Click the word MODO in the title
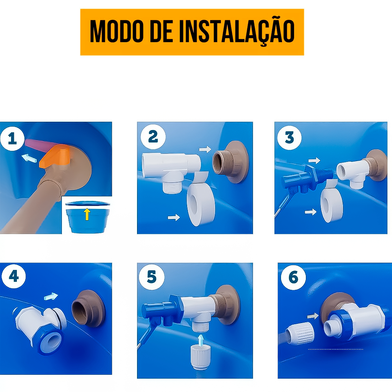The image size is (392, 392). point(116,31)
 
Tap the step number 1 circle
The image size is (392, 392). point(12,139)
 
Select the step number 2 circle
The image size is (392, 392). point(153,137)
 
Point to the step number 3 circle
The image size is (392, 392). point(289,137)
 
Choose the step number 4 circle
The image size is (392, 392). point(13,276)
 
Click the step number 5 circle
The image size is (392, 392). point(152,277)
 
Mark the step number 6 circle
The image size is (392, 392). point(293,277)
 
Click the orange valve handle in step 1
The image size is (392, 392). point(55,157)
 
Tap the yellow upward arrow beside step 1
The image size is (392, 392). point(87,214)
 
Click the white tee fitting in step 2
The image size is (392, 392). point(171,170)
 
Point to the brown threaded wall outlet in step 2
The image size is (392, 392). point(230,162)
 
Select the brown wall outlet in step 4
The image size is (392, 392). point(88,309)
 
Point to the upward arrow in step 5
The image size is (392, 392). point(201,340)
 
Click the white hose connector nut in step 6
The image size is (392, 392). point(300,333)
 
